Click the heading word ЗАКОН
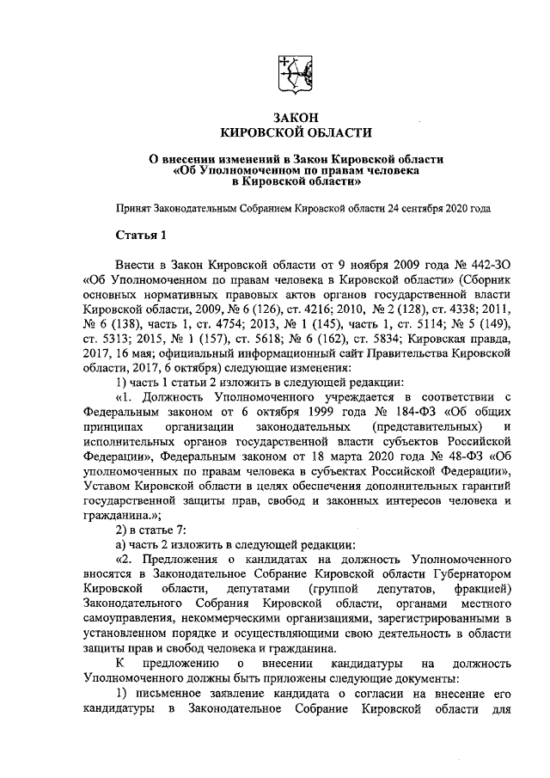click(x=296, y=115)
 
